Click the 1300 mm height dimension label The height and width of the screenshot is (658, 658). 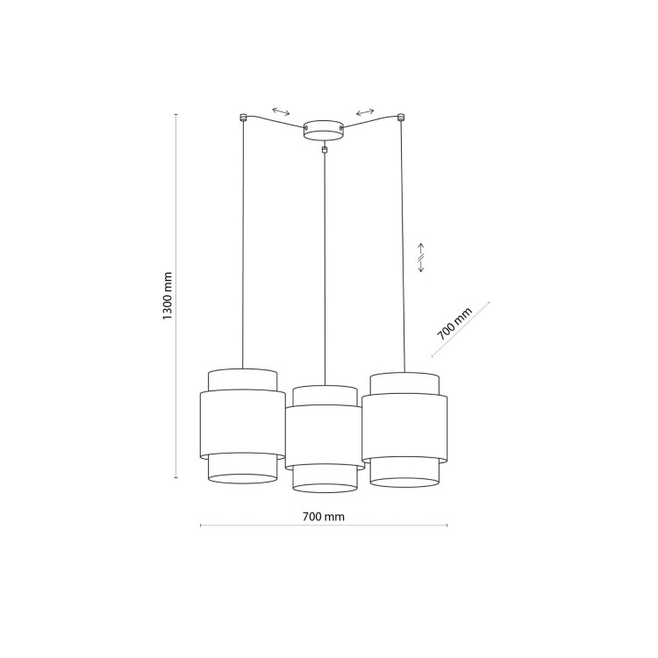(x=168, y=296)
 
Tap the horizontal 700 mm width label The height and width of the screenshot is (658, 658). (x=324, y=516)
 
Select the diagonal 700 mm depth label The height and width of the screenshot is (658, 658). (x=454, y=324)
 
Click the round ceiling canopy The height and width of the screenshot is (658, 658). (x=325, y=130)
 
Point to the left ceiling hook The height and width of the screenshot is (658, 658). (x=242, y=117)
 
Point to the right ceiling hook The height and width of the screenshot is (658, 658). (x=401, y=117)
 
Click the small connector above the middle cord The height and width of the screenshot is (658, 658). (x=324, y=149)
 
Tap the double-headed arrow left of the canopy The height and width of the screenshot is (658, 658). (x=281, y=111)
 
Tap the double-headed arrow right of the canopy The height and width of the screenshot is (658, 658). (x=365, y=112)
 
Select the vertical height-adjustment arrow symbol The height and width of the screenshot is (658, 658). (x=421, y=257)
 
